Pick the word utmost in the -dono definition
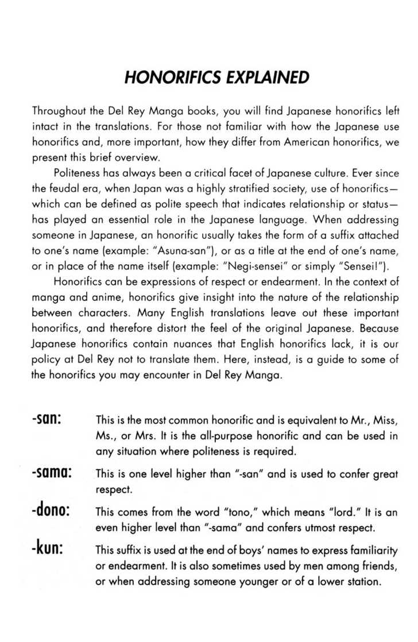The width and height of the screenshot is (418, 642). tap(316, 526)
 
